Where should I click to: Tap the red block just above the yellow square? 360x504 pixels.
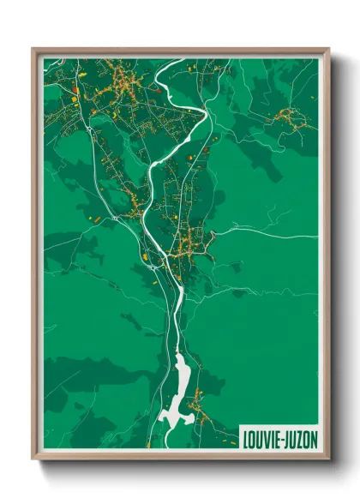76,88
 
